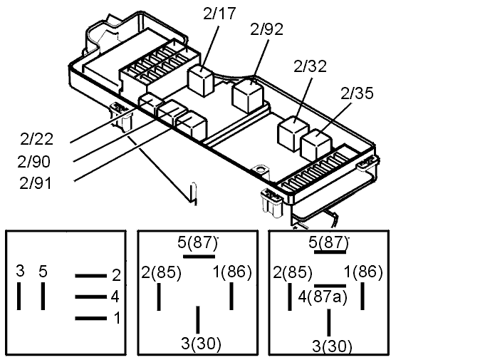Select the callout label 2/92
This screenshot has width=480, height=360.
267,29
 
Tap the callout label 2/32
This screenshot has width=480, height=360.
310,66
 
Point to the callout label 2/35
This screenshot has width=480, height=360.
358,93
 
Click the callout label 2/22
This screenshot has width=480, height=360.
36,139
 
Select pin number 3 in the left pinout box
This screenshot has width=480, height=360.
20,271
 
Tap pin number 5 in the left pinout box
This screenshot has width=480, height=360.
43,271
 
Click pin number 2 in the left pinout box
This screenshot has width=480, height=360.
116,275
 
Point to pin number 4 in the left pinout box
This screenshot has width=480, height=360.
116,297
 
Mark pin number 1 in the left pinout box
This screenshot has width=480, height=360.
116,319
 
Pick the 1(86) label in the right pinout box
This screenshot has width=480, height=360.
364,272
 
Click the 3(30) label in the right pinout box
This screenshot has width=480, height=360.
331,347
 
